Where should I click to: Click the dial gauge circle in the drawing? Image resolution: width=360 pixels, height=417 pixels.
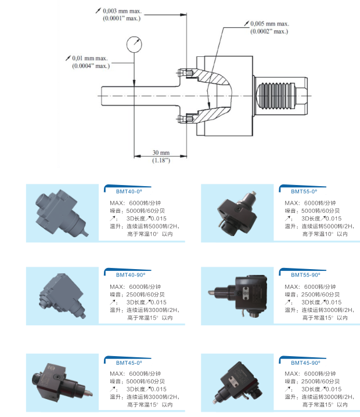pos(134,44)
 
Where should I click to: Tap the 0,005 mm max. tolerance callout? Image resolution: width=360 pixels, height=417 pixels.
pos(269,24)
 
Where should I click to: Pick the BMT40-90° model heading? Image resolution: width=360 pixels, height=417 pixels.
pos(123,273)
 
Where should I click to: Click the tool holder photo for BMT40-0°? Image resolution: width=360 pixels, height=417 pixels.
pos(63,212)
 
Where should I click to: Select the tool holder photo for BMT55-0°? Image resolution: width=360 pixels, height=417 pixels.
pos(237,212)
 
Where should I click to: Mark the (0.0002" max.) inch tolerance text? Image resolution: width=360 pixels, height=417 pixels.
pos(269,31)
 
